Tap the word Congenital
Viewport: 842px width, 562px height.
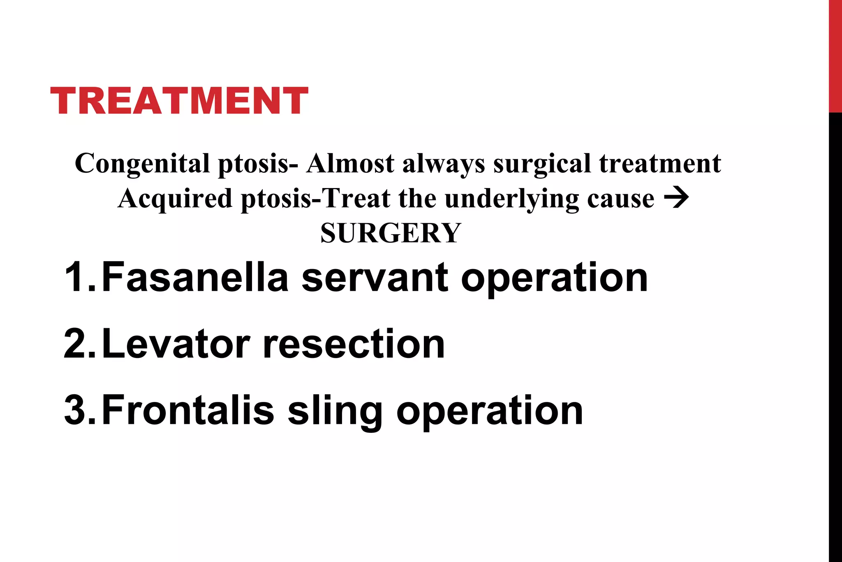click(142, 164)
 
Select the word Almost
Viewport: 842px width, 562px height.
click(350, 164)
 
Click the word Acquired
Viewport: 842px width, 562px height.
click(175, 199)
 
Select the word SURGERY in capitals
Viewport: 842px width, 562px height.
click(391, 233)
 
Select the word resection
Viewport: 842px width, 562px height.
click(354, 344)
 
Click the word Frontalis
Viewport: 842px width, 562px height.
click(187, 411)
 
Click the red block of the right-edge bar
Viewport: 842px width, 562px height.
click(835, 56)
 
